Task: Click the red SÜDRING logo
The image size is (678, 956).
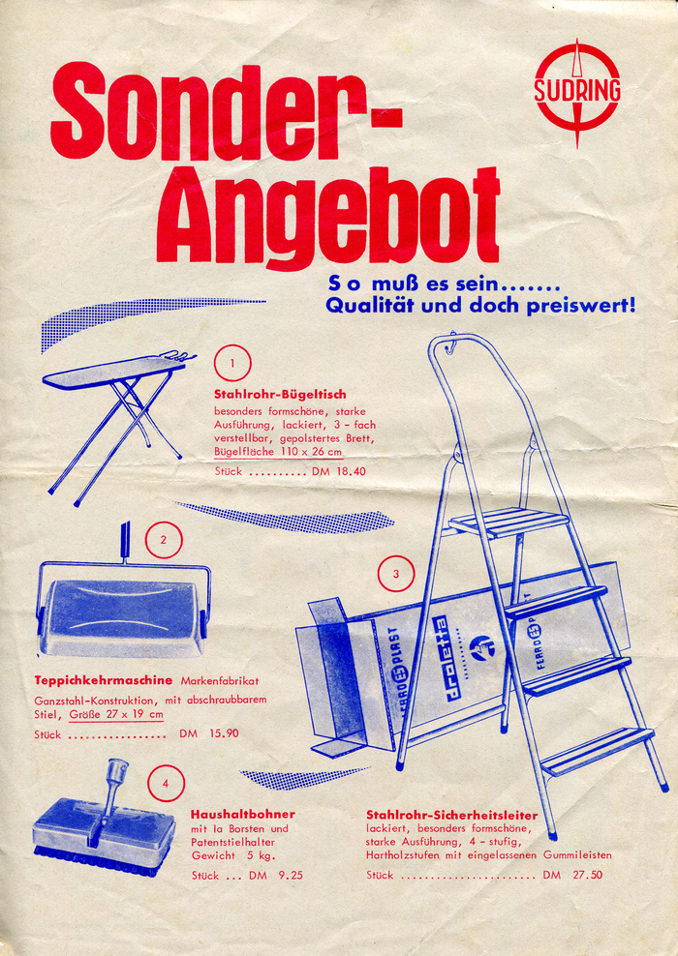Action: pyautogui.click(x=576, y=93)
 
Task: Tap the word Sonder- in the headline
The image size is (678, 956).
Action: pyautogui.click(x=227, y=112)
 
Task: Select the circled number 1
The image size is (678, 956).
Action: pyautogui.click(x=231, y=364)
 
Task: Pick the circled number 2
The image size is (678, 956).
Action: pyautogui.click(x=164, y=540)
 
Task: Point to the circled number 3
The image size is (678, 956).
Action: pyautogui.click(x=396, y=574)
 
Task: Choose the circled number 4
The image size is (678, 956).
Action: pyautogui.click(x=166, y=784)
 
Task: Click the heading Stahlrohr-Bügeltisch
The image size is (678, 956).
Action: pyautogui.click(x=280, y=395)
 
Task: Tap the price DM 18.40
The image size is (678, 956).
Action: pyautogui.click(x=339, y=471)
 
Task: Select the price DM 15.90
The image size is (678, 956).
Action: pyautogui.click(x=208, y=733)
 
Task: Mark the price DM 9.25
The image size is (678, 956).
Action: pyautogui.click(x=275, y=876)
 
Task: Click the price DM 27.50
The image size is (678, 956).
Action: pyautogui.click(x=572, y=875)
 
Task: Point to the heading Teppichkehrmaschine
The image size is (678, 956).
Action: pyautogui.click(x=104, y=680)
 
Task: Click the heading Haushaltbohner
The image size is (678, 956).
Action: pyautogui.click(x=243, y=815)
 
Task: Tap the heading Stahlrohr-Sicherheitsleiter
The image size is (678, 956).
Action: pyautogui.click(x=452, y=815)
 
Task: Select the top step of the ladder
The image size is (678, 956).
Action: pyautogui.click(x=508, y=523)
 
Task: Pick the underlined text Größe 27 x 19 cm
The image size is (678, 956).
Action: pyautogui.click(x=116, y=714)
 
